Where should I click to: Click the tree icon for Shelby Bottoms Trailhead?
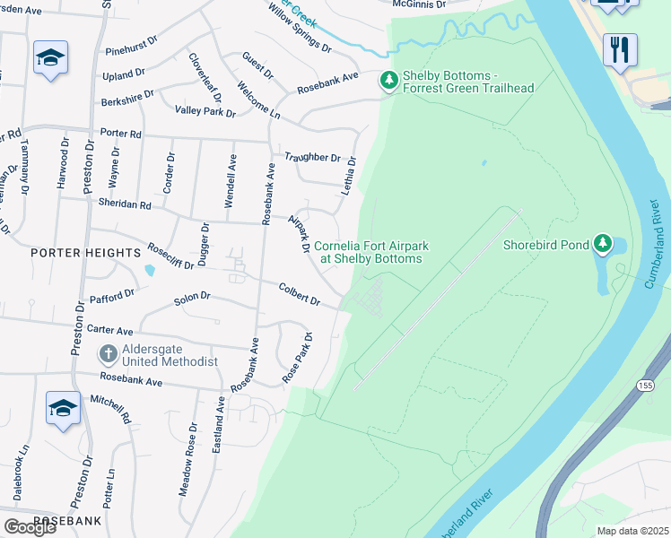tap(389, 81)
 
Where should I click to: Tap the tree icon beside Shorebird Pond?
tap(604, 244)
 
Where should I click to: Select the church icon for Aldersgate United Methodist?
tap(108, 353)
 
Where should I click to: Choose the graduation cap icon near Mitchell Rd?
tap(63, 409)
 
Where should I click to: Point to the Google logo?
tap(30, 527)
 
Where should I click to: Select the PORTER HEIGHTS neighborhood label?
tap(86, 253)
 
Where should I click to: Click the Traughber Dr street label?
tap(313, 157)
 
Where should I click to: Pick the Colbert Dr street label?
tap(300, 295)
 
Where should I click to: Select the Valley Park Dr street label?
tap(205, 112)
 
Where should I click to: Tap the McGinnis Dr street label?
tap(419, 4)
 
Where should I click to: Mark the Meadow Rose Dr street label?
tap(189, 469)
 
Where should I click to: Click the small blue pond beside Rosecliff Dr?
tap(149, 270)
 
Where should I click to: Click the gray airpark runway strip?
tap(438, 299)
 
